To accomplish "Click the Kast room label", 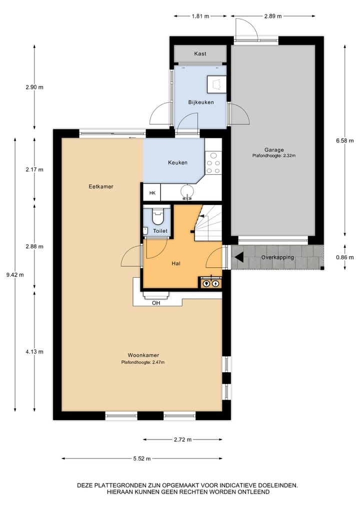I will pyautogui.click(x=200, y=54).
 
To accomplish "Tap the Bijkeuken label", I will pyautogui.click(x=201, y=102).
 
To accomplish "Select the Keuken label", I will pyautogui.click(x=177, y=162).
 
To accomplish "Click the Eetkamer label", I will pyautogui.click(x=101, y=186).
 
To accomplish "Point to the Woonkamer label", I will pyautogui.click(x=143, y=355).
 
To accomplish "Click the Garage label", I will pyautogui.click(x=274, y=149).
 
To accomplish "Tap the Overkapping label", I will pyautogui.click(x=277, y=257).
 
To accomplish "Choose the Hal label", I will pyautogui.click(x=176, y=263).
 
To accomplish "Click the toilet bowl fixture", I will pyautogui.click(x=158, y=218).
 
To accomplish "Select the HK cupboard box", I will pyautogui.click(x=152, y=193).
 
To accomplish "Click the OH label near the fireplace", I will pyautogui.click(x=156, y=302).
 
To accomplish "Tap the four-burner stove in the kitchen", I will pyautogui.click(x=213, y=162).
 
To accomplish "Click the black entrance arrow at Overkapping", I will pyautogui.click(x=239, y=257).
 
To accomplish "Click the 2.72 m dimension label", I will pyautogui.click(x=182, y=440).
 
